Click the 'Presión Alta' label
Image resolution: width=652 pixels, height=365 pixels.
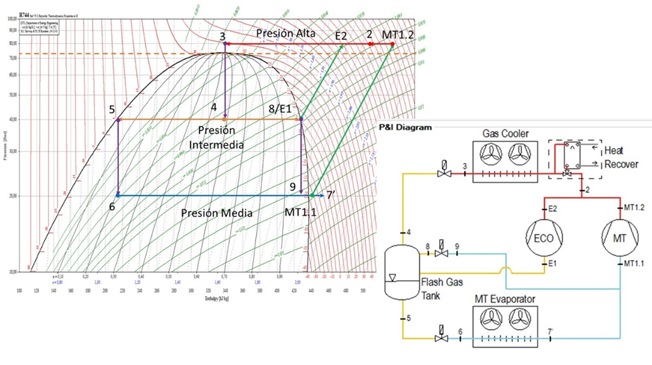285,33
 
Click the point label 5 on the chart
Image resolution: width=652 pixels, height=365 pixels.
111,110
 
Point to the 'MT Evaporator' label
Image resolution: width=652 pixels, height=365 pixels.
506,299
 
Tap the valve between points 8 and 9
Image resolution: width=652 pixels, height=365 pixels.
440,253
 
